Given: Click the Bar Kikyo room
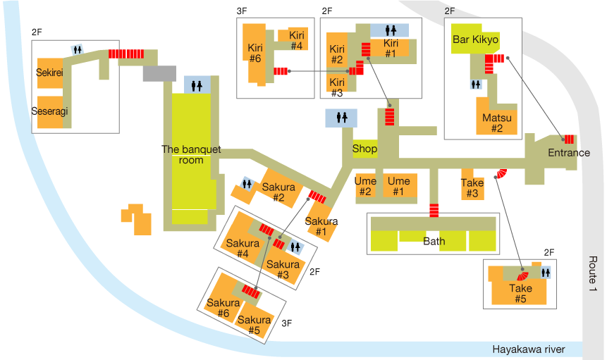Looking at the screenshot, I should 475,40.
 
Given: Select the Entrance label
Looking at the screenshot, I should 568,153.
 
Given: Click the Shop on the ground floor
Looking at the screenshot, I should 364,149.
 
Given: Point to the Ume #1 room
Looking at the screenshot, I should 399,186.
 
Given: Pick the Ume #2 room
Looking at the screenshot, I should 365,186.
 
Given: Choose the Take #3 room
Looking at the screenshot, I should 472,187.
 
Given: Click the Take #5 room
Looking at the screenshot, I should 520,292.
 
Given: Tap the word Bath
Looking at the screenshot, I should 434,241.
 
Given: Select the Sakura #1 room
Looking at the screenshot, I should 321,226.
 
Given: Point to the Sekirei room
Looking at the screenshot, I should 50,73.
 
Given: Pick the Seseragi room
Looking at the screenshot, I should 49,111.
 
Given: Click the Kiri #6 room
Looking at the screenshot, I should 255,53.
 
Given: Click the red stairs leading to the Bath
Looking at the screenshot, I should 434,209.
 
